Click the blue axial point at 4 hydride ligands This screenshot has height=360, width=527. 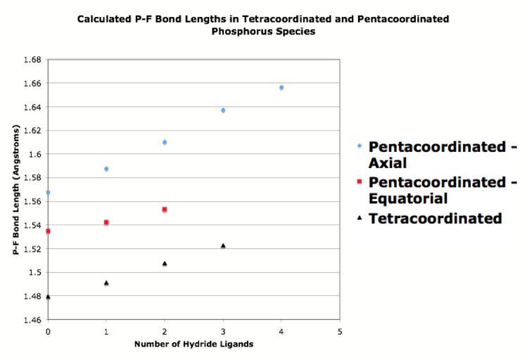[281, 88]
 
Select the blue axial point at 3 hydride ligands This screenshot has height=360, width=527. [223, 110]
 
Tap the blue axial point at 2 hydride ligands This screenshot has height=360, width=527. [165, 142]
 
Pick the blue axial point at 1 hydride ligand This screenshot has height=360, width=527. [106, 169]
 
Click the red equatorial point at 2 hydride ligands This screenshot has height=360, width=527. [165, 210]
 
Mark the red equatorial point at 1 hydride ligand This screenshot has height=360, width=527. [106, 222]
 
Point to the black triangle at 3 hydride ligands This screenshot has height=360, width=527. [223, 245]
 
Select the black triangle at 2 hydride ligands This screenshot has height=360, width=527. [165, 264]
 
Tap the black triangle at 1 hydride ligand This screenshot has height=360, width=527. [106, 283]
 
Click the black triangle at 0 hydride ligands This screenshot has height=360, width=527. [48, 297]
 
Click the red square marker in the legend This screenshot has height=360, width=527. [360, 182]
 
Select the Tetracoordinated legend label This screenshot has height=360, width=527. [435, 218]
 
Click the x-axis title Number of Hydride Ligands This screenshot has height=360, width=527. [193, 345]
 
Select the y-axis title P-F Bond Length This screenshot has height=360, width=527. [15, 190]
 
